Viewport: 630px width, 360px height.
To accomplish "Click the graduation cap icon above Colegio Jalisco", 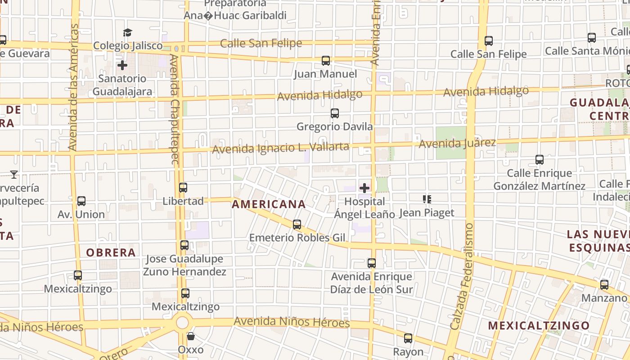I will coord(128,32).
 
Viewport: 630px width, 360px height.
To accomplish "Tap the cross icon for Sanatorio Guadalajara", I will coord(122,65).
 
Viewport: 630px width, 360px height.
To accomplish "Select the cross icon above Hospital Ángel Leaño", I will coord(364,188).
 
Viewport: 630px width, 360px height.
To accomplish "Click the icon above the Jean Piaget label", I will coord(427,199).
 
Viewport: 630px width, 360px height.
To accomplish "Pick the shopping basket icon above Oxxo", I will coord(191,336).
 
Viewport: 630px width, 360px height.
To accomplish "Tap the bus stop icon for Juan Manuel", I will coord(326,60).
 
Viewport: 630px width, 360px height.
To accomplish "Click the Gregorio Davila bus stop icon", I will coord(335,113).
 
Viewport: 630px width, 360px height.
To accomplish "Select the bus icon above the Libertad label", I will coord(183,187).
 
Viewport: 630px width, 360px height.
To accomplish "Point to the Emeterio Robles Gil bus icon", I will coord(297,224).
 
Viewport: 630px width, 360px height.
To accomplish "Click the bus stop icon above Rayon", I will coord(408,338).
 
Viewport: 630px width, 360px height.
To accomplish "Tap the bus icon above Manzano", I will coord(604,284).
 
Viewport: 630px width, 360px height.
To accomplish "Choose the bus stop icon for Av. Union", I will coord(81,201).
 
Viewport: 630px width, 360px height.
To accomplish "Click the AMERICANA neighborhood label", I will coord(269,204).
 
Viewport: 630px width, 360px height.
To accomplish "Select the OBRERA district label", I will coord(111,252).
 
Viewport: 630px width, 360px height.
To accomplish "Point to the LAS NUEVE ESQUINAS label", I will coord(598,241).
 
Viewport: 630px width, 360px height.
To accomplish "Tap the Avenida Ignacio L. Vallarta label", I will coord(280,148).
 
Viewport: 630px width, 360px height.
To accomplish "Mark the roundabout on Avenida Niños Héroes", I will coord(182,322).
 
